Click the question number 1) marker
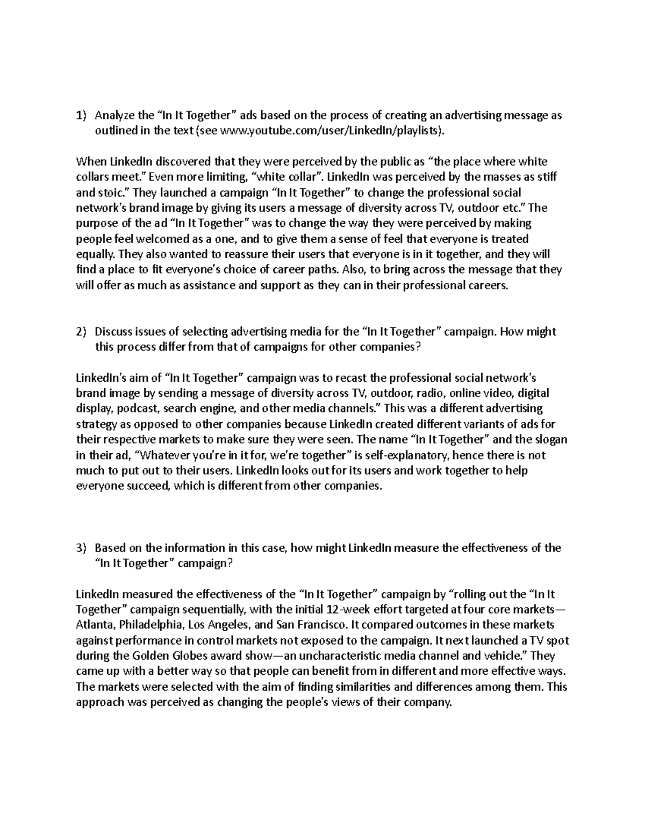(81, 116)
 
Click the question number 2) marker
(81, 332)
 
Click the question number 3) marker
(81, 548)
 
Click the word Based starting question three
(109, 548)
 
